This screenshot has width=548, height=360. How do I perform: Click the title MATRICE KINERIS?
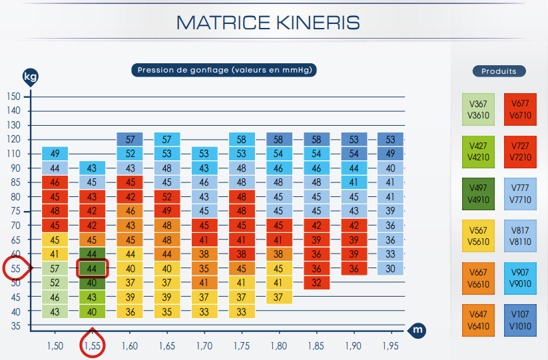(x=268, y=23)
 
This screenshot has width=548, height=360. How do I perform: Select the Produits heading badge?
(x=499, y=71)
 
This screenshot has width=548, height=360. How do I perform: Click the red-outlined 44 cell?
(x=93, y=269)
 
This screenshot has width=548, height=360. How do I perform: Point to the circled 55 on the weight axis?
(x=15, y=269)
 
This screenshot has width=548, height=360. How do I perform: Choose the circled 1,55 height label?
(x=93, y=345)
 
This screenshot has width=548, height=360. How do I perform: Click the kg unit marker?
(x=30, y=76)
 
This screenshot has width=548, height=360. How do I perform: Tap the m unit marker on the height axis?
(x=417, y=330)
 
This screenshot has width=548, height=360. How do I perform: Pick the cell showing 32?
(x=316, y=283)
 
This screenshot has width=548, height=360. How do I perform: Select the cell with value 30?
(x=390, y=269)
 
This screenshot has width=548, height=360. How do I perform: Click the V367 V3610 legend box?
(x=479, y=109)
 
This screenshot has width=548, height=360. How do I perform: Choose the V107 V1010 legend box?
(x=520, y=321)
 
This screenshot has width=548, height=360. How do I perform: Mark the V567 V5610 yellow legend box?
(x=479, y=236)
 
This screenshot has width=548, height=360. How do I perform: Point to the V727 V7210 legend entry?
(x=520, y=152)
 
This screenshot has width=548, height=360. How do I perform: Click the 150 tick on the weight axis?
(x=14, y=96)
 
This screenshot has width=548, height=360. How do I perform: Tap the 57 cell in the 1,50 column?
(x=55, y=269)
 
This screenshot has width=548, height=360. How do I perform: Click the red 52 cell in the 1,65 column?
(x=166, y=197)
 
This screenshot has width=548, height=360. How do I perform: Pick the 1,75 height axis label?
(x=241, y=346)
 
